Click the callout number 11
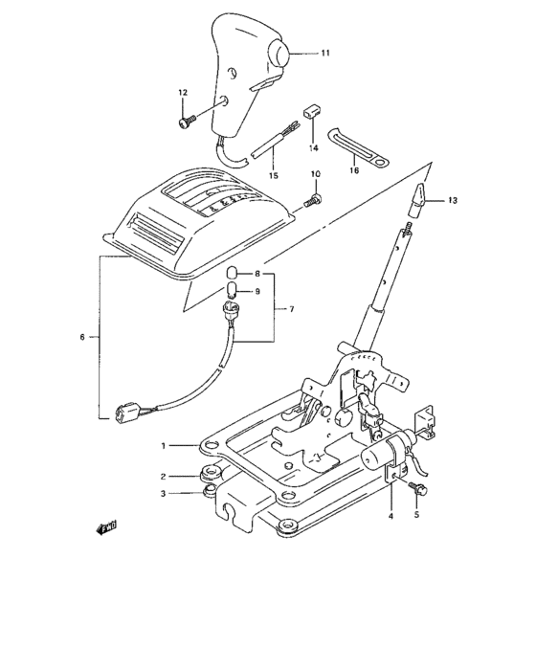click(324, 55)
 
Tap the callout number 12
click(181, 92)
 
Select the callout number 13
click(453, 200)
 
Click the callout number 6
click(82, 337)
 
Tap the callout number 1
click(165, 446)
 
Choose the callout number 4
click(391, 516)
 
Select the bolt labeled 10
click(312, 201)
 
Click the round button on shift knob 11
click(278, 55)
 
